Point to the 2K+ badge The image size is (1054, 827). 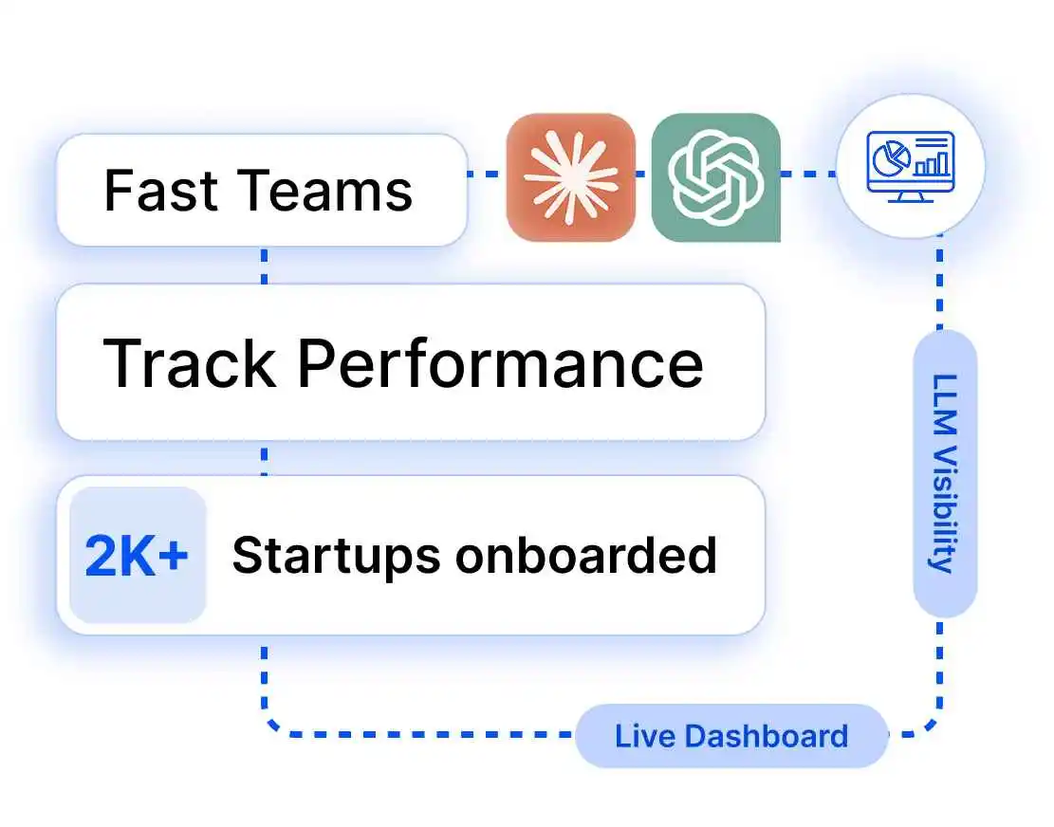click(138, 556)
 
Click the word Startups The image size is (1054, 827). click(336, 556)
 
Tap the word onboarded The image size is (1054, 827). click(585, 555)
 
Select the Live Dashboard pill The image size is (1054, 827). click(731, 736)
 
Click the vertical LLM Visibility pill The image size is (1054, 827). click(945, 473)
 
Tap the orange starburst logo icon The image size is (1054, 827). click(570, 176)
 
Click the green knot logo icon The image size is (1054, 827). click(715, 176)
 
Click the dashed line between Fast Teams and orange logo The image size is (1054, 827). click(487, 174)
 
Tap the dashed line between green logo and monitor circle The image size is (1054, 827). click(807, 174)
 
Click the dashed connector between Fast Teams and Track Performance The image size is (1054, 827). click(264, 266)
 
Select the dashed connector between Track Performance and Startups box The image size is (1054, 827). click(264, 458)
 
